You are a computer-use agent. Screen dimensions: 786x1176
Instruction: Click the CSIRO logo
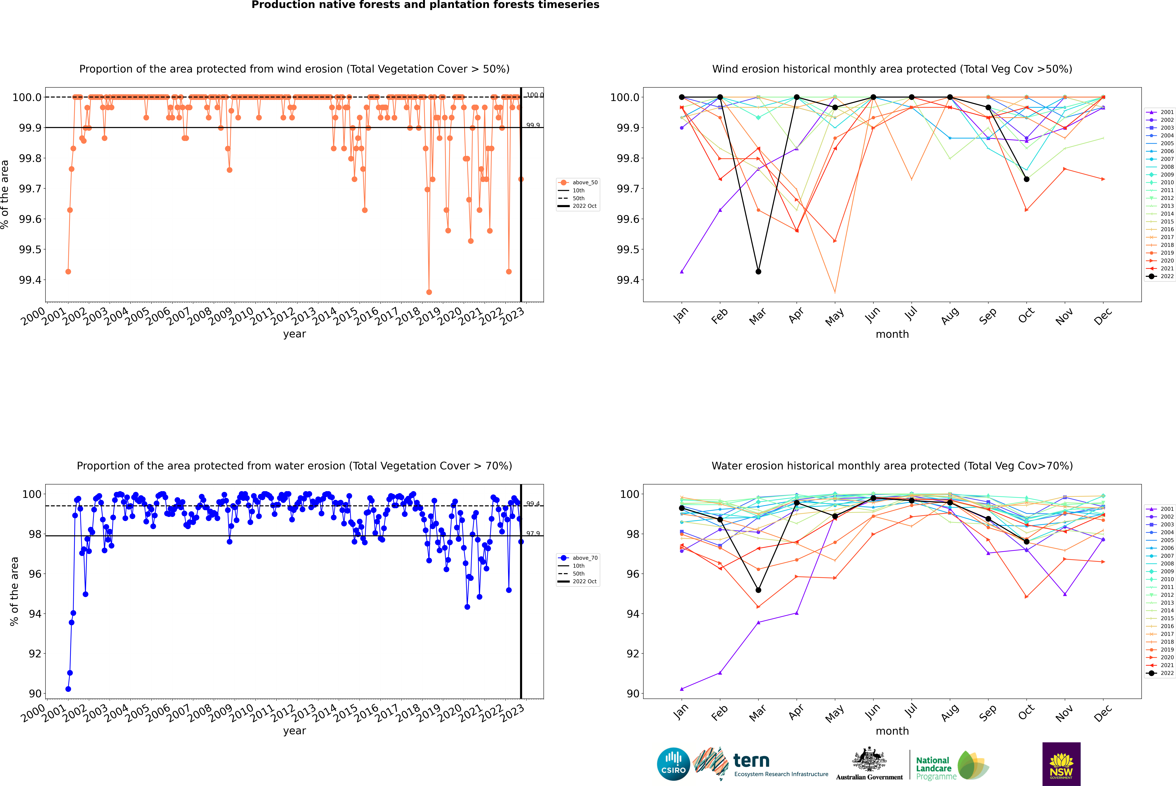point(673,764)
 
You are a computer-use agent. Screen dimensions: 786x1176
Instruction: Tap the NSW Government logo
point(1061,764)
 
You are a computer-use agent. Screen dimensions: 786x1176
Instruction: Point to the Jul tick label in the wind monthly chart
point(911,313)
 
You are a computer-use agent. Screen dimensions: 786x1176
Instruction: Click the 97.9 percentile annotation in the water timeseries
point(533,533)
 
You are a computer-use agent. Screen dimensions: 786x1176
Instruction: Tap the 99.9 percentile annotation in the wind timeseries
point(533,125)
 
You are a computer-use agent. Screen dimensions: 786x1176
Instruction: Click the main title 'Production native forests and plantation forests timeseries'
point(425,5)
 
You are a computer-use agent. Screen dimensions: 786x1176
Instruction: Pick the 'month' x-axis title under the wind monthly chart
point(892,334)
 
